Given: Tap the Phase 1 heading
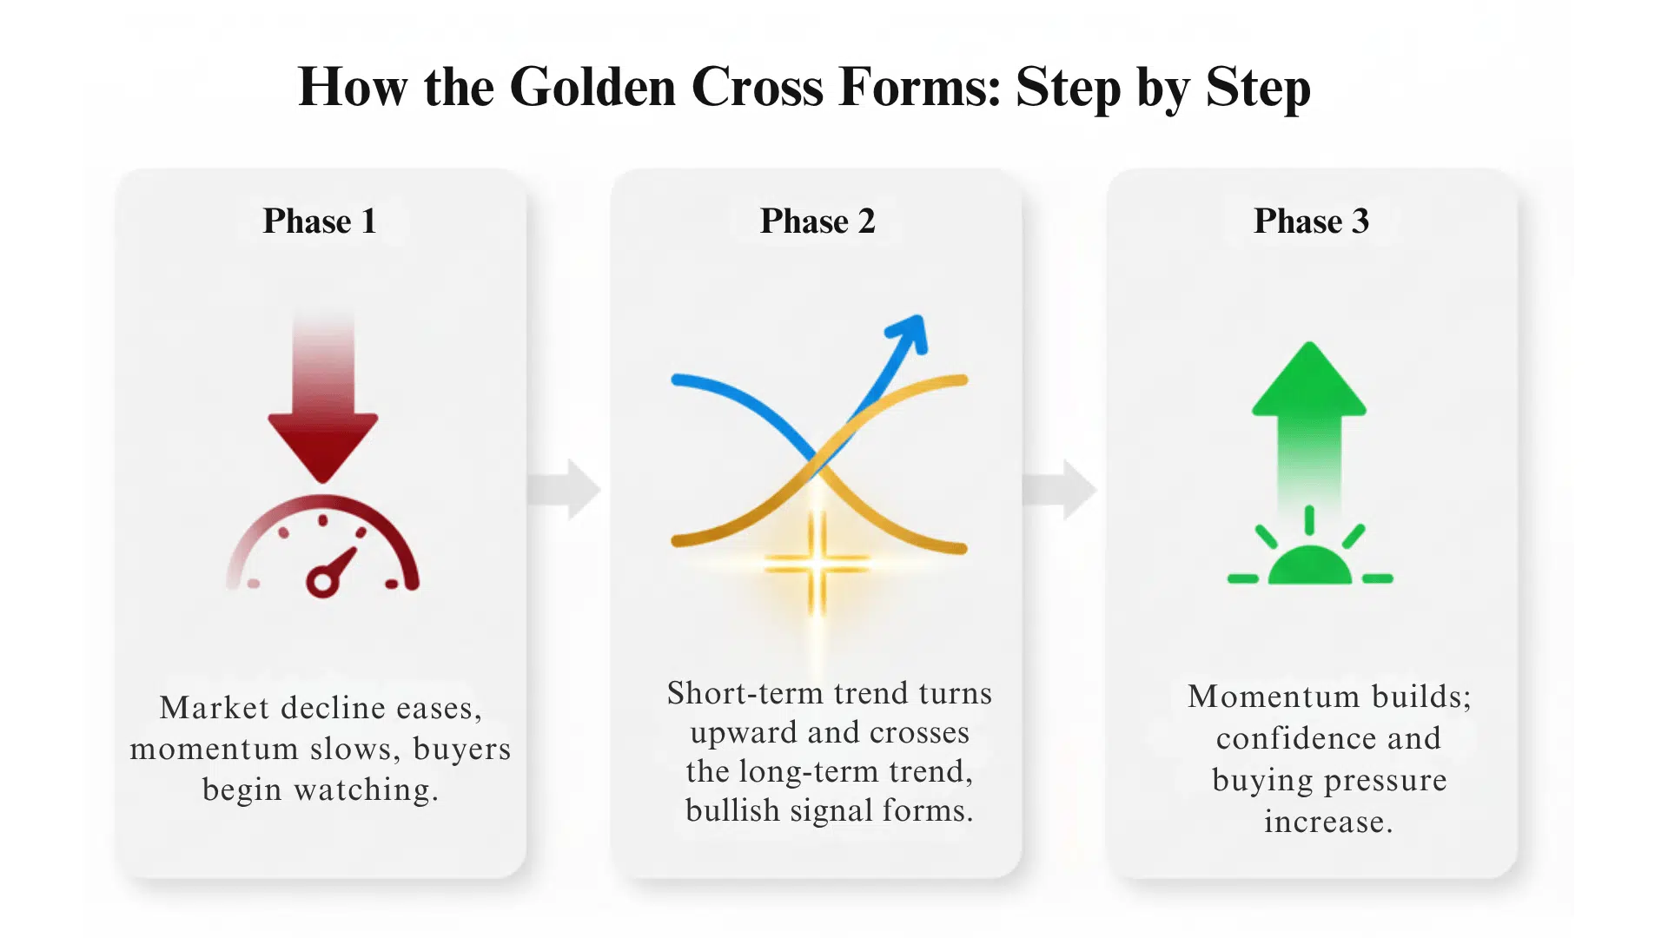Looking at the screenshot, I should tap(320, 221).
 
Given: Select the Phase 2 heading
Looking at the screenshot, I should tap(817, 221).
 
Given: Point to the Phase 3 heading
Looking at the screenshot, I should tap(1311, 221).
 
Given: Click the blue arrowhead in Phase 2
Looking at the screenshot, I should tap(909, 333).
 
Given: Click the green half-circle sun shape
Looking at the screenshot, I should tap(1310, 566).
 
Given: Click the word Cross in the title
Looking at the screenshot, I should tap(757, 87).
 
